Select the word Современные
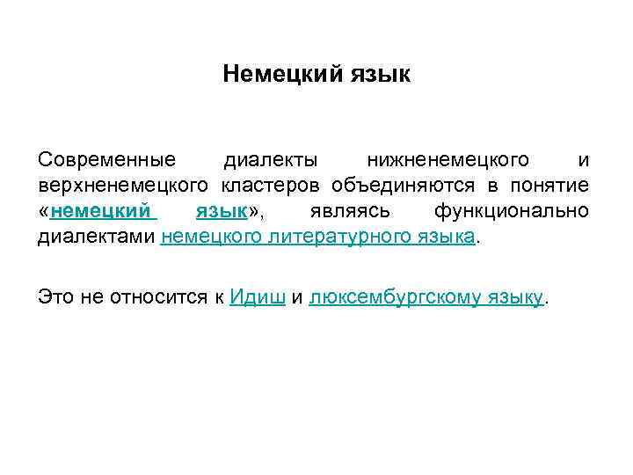pyautogui.click(x=106, y=161)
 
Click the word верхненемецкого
pyautogui.click(x=123, y=186)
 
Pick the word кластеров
pyautogui.click(x=285, y=186)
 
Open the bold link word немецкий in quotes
pyautogui.click(x=99, y=211)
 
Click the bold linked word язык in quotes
pyautogui.click(x=220, y=211)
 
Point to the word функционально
pyautogui.click(x=512, y=211)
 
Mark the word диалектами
pyautogui.click(x=96, y=236)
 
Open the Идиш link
pyautogui.click(x=256, y=298)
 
